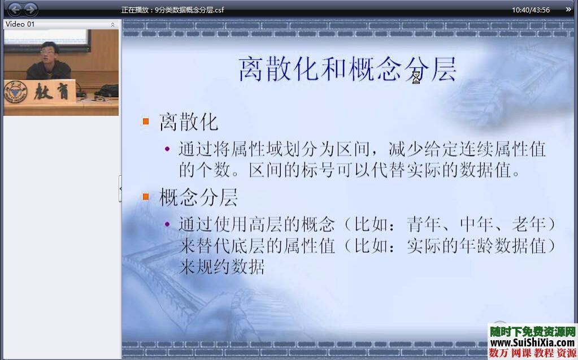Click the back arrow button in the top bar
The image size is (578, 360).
pos(15,10)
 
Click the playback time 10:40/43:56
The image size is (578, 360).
pos(531,10)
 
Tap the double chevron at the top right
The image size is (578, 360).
pos(568,10)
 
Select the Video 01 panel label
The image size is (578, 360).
pos(20,24)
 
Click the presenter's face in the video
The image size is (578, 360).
pos(47,54)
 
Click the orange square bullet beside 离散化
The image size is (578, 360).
pos(146,122)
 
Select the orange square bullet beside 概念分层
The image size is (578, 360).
pos(146,197)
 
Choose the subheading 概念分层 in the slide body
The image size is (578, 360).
pos(198,197)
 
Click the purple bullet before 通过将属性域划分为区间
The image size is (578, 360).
pos(167,149)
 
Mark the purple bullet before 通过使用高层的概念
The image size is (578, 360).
pos(167,224)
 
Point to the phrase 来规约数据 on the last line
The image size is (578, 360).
pos(221,267)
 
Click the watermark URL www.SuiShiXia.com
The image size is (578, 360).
pos(532,342)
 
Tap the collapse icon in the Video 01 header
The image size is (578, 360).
pos(112,25)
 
